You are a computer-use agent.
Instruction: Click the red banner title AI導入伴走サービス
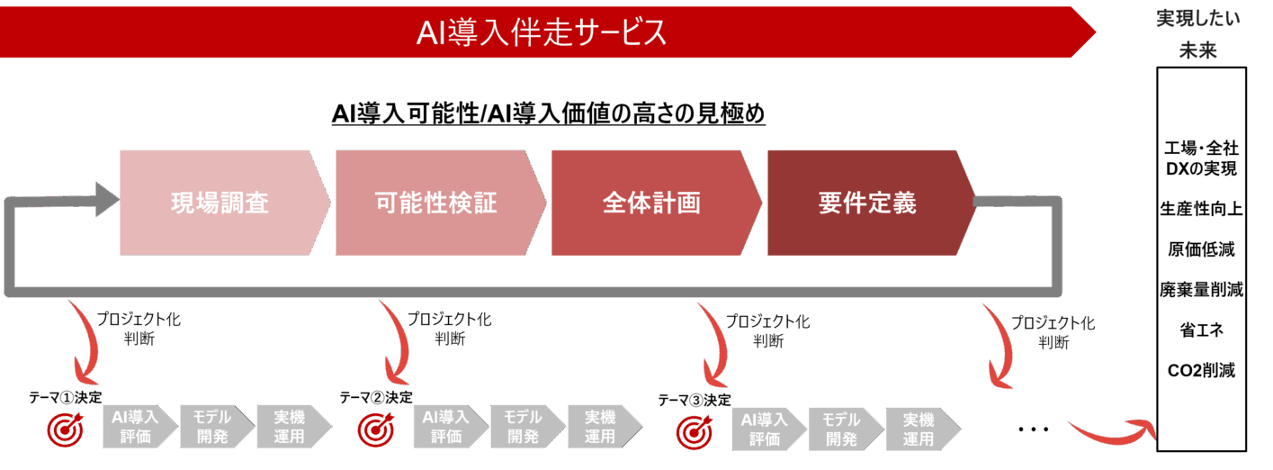(x=542, y=33)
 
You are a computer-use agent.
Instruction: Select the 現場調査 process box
(x=220, y=203)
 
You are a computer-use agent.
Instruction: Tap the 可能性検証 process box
(x=435, y=203)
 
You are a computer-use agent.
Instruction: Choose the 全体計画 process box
(x=651, y=203)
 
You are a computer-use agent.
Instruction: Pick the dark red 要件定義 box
(x=867, y=203)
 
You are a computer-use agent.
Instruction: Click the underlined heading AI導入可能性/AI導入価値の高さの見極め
(x=548, y=114)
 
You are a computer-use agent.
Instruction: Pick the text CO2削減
(x=1201, y=370)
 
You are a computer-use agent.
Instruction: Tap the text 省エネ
(x=1201, y=330)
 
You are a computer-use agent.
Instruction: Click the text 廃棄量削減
(x=1201, y=289)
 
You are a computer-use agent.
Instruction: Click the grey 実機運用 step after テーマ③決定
(x=919, y=429)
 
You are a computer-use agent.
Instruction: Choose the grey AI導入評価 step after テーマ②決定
(x=446, y=427)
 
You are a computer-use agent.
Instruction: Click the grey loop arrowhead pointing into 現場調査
(x=105, y=198)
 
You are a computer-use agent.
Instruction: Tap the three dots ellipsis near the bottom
(x=1033, y=430)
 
